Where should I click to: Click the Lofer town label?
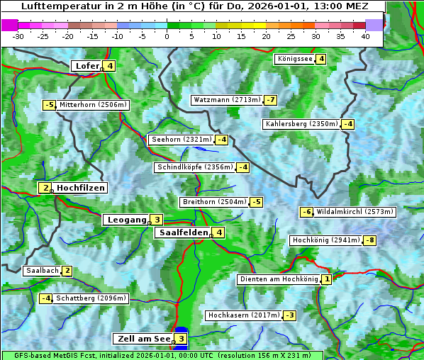click(87, 66)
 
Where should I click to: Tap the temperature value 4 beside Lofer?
click(109, 66)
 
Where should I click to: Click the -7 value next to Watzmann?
click(270, 100)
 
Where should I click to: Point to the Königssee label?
click(295, 59)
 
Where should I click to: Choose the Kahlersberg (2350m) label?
click(301, 124)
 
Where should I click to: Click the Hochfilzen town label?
click(81, 188)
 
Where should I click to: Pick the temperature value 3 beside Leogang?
click(157, 220)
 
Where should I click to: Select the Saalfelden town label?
click(183, 232)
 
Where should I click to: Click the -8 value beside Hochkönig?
click(369, 240)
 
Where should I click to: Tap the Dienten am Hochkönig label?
click(278, 279)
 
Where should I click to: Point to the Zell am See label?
click(143, 339)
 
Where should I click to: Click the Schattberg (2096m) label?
click(91, 298)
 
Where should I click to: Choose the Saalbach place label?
click(42, 270)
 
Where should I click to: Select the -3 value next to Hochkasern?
click(289, 315)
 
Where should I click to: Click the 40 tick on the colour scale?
click(365, 35)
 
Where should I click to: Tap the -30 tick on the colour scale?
click(18, 35)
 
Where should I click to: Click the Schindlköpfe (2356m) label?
click(194, 167)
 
